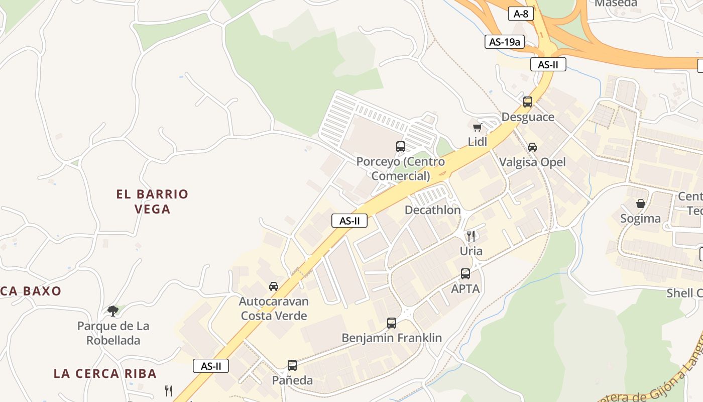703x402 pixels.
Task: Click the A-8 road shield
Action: click(521, 14)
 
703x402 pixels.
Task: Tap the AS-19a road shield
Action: click(505, 42)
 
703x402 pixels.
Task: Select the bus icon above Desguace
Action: click(527, 102)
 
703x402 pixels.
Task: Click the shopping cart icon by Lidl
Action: click(477, 127)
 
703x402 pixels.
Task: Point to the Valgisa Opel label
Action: click(532, 162)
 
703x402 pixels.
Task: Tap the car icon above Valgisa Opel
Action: click(532, 147)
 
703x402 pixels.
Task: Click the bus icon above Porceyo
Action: click(400, 147)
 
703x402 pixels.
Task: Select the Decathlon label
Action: click(432, 210)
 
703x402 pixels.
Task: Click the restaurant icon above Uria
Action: click(471, 236)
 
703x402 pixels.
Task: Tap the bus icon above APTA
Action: click(465, 274)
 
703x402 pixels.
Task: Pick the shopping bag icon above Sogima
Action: click(640, 204)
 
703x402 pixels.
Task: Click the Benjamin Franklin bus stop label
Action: click(392, 338)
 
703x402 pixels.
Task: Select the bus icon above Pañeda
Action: click(292, 365)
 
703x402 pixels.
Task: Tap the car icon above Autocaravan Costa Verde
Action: click(273, 286)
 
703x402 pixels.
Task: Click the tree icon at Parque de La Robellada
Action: click(113, 311)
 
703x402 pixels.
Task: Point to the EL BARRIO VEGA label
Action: click(152, 201)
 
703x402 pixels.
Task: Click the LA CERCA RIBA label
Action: click(105, 373)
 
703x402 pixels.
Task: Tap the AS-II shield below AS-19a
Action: click(548, 64)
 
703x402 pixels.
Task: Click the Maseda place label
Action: click(616, 4)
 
